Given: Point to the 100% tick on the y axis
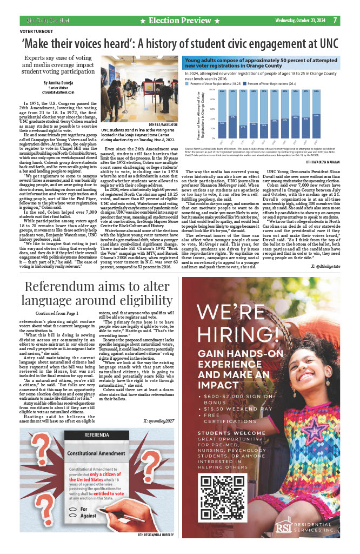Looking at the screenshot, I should pyautogui.click(x=211, y=89).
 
